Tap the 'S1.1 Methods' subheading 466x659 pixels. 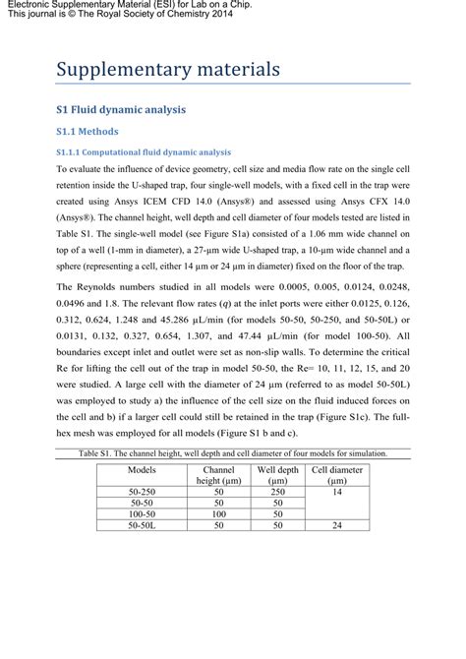coord(87,131)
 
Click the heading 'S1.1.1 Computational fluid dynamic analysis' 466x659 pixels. coord(143,152)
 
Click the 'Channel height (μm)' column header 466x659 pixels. coord(219,475)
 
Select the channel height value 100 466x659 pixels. coord(219,513)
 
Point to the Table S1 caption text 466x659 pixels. coord(233,453)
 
